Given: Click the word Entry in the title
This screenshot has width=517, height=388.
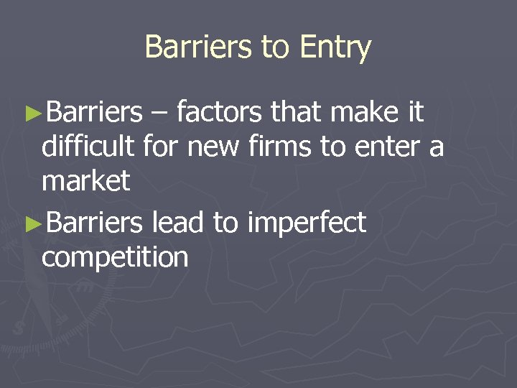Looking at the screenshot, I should coord(336,47).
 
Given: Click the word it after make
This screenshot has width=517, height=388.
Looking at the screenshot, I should coord(416,112).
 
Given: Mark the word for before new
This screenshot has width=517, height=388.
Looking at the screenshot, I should coord(162,147).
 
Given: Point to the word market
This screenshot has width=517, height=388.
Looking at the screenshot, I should coord(86,181).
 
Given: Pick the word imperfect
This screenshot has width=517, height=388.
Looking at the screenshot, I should coord(307,223).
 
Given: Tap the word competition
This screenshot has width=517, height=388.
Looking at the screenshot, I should coord(115,257).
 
